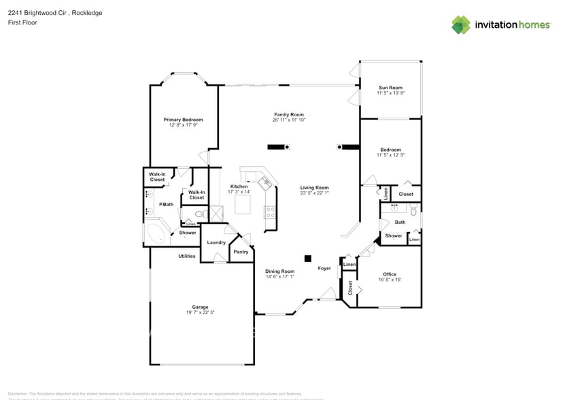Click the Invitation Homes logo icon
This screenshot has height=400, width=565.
(461, 24)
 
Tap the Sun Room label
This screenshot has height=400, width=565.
(390, 88)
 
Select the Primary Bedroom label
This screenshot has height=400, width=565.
(183, 120)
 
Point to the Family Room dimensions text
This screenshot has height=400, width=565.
(289, 120)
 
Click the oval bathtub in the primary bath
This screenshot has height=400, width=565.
(157, 235)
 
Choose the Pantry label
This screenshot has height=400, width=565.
(241, 252)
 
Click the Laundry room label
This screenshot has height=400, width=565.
(216, 242)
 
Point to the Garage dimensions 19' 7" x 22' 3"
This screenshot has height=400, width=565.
(200, 312)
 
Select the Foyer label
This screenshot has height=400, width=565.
(324, 268)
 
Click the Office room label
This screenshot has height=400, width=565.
(390, 274)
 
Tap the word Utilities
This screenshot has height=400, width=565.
(187, 256)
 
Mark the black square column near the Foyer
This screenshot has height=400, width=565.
(307, 258)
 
